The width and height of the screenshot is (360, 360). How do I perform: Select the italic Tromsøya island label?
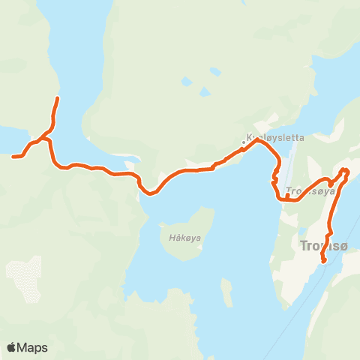coord(310,190)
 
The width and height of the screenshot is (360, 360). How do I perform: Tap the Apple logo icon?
coord(11,347)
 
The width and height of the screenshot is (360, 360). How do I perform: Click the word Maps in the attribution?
coord(33,347)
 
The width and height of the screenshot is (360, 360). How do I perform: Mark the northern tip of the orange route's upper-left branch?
coord(58,99)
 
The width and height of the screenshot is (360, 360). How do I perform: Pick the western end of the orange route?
coord(14,156)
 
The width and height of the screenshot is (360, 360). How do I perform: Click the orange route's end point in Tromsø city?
coord(323,260)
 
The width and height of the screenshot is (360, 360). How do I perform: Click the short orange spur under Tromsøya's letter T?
coord(287,196)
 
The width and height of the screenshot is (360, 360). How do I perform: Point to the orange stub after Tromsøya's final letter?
coord(331,184)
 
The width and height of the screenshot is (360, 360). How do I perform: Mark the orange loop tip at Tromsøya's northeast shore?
coord(346,171)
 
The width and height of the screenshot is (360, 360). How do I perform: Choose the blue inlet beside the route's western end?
coord(9,139)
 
